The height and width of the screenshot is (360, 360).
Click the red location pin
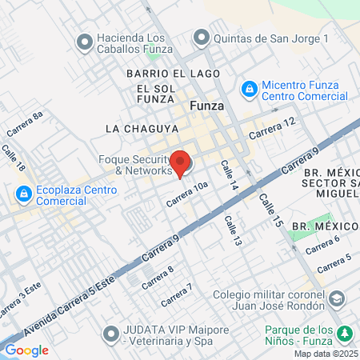[181, 162]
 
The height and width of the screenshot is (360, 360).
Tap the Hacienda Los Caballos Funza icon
[84, 39]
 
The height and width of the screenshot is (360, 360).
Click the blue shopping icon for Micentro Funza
[249, 87]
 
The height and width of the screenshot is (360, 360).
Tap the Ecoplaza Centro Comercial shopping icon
[22, 194]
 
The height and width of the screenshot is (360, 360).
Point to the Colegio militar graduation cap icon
[338, 299]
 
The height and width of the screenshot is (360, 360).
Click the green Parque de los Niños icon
[345, 333]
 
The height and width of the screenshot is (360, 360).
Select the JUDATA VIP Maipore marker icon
[110, 333]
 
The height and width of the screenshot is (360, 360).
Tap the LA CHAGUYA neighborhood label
[134, 128]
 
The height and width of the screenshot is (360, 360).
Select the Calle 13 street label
[232, 231]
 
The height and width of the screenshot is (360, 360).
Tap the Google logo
[26, 350]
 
